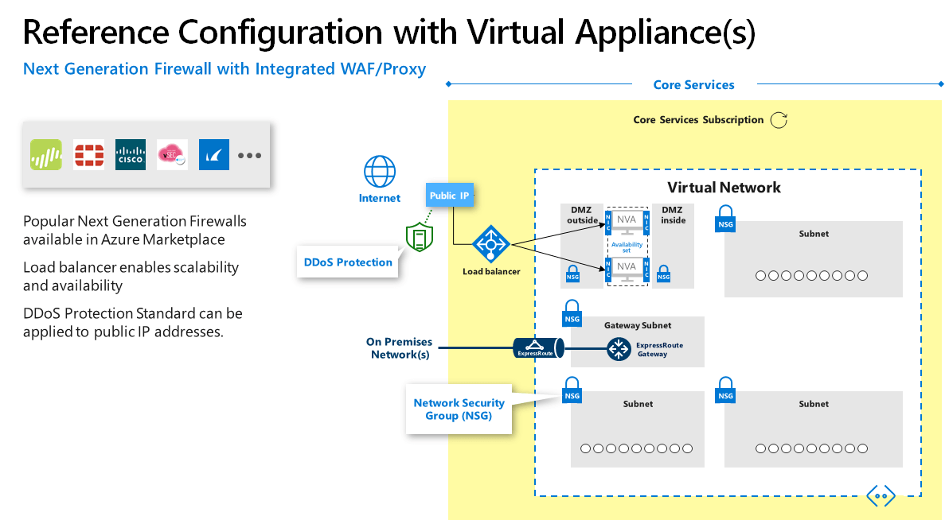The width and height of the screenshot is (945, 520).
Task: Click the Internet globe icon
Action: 380,172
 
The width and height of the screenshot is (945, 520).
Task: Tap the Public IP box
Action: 450,195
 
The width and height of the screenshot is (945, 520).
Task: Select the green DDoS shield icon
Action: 418,236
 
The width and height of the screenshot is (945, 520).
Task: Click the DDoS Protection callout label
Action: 348,262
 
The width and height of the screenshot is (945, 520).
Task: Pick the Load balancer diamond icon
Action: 490,246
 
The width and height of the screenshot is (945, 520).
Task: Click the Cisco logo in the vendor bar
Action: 131,154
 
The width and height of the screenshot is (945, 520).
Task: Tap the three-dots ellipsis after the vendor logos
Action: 249,155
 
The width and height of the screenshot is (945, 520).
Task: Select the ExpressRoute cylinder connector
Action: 537,348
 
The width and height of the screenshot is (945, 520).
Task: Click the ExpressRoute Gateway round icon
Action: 618,349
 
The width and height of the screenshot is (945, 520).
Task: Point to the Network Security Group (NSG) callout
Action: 459,409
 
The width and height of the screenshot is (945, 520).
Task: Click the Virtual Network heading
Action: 724,188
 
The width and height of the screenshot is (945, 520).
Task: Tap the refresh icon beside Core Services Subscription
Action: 779,120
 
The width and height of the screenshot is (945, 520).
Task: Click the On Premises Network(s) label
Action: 399,348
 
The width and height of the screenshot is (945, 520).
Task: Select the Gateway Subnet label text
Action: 637,325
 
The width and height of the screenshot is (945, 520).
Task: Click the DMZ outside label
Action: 581,215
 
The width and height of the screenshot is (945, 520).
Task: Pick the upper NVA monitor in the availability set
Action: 627,223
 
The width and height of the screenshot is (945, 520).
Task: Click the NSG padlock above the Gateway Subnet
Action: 572,312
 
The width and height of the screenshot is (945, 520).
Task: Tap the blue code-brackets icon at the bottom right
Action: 881,496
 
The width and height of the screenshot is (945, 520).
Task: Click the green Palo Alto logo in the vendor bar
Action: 46,154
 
